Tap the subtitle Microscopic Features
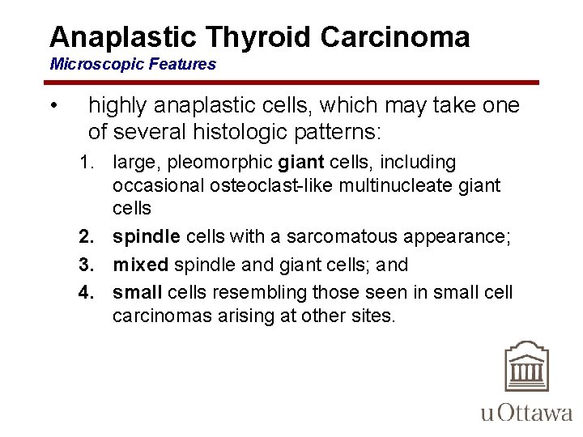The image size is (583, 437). coord(133,64)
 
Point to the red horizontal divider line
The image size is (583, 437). coord(291,83)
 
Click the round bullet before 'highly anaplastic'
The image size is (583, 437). coord(52,107)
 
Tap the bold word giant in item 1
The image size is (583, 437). coord(300,163)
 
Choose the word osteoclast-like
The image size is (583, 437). coord(253,185)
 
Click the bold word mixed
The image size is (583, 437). coord(139,265)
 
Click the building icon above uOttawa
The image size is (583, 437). coord(526,367)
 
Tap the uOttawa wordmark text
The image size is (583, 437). coord(526,413)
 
